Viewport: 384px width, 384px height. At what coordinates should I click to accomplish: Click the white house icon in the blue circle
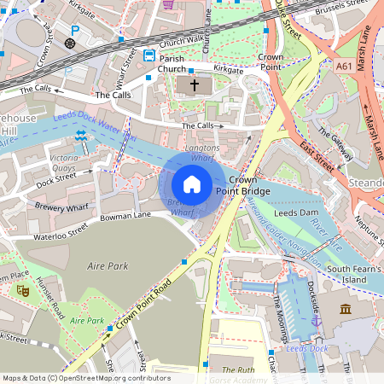pyautogui.click(x=192, y=183)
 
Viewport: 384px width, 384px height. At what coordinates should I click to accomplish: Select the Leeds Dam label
pyautogui.click(x=295, y=211)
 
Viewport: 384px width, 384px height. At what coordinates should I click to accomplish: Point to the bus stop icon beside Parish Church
pyautogui.click(x=149, y=55)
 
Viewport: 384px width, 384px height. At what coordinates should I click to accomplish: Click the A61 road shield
pyautogui.click(x=344, y=65)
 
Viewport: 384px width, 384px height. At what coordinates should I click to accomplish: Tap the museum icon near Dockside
pyautogui.click(x=346, y=309)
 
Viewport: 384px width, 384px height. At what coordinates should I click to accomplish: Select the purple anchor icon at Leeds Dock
pyautogui.click(x=315, y=321)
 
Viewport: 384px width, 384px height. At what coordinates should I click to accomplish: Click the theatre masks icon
pyautogui.click(x=21, y=290)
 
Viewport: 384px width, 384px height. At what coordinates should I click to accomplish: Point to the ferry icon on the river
pyautogui.click(x=80, y=136)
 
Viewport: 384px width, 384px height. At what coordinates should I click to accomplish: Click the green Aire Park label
pyautogui.click(x=87, y=320)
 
